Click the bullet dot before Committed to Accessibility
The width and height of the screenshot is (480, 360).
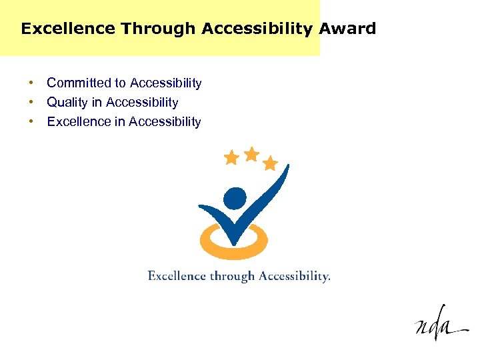(x=31, y=83)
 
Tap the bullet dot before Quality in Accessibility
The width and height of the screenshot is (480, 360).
(x=31, y=103)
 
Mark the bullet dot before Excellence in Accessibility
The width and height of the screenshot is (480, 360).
(x=31, y=122)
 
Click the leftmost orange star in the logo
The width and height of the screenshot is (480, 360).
(x=231, y=158)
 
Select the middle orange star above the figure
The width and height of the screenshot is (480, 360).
(x=251, y=154)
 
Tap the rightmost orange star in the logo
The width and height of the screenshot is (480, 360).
(x=270, y=163)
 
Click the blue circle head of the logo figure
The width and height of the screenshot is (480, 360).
(x=235, y=198)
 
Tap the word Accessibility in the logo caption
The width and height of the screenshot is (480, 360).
(x=294, y=276)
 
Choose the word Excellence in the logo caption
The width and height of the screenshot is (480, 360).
(x=177, y=276)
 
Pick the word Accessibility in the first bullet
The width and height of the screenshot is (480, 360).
(x=166, y=83)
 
